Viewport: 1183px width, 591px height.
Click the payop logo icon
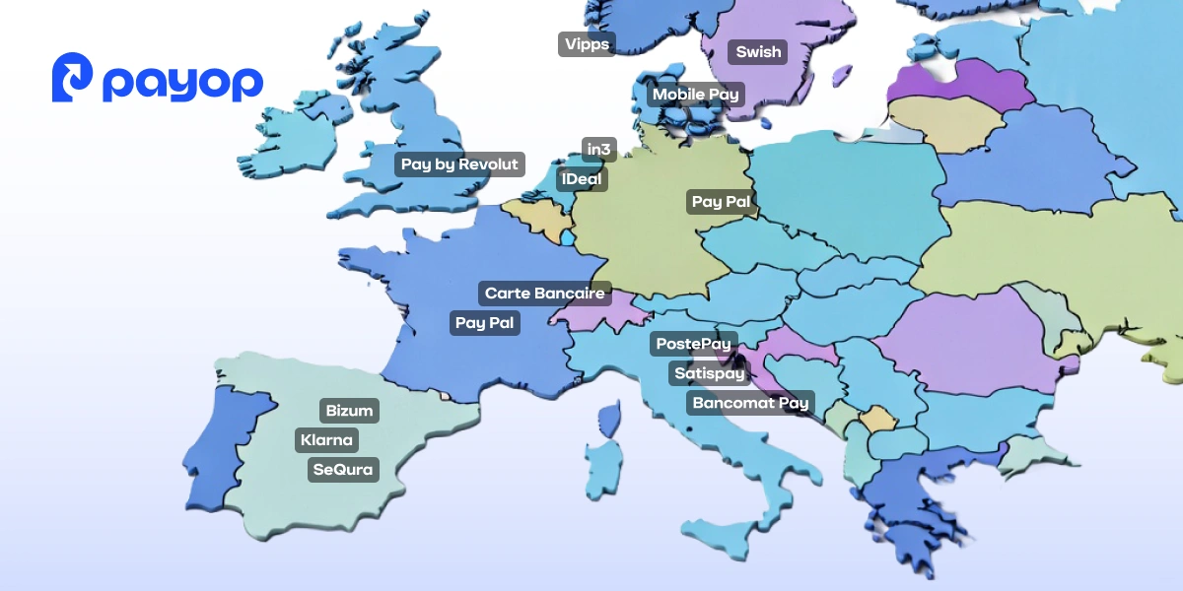73,79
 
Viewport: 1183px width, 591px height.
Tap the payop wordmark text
182,83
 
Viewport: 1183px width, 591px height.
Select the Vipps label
587,44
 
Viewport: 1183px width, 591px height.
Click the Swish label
758,52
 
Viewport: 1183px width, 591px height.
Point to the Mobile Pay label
696,95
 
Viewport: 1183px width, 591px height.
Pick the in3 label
599,150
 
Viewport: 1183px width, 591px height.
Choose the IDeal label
583,179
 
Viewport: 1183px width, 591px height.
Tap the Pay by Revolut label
459,164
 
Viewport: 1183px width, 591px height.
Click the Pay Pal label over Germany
721,202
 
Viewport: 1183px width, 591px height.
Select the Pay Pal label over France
484,323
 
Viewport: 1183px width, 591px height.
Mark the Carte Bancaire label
545,294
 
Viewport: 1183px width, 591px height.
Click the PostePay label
694,344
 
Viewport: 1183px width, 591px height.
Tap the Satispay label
709,373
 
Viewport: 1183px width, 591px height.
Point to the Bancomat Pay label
750,403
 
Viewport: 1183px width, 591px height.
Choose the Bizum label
350,410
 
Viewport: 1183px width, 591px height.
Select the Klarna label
326,440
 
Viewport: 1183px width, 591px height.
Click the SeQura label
343,470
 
